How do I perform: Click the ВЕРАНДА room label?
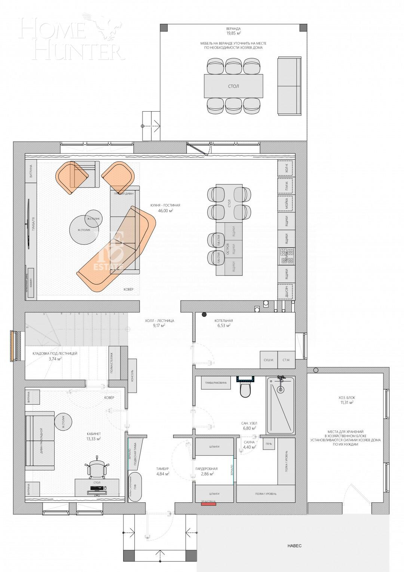[233, 29]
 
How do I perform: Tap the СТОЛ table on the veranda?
[233, 86]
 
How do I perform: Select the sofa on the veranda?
[289, 86]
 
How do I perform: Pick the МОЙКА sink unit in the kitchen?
[286, 204]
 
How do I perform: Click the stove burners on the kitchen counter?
[286, 256]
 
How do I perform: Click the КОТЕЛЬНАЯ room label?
[224, 321]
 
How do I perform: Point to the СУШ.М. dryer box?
[269, 360]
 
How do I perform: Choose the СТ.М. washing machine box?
[287, 360]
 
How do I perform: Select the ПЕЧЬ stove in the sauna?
[269, 444]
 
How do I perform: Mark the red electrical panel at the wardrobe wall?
[209, 504]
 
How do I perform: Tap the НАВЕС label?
[294, 546]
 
